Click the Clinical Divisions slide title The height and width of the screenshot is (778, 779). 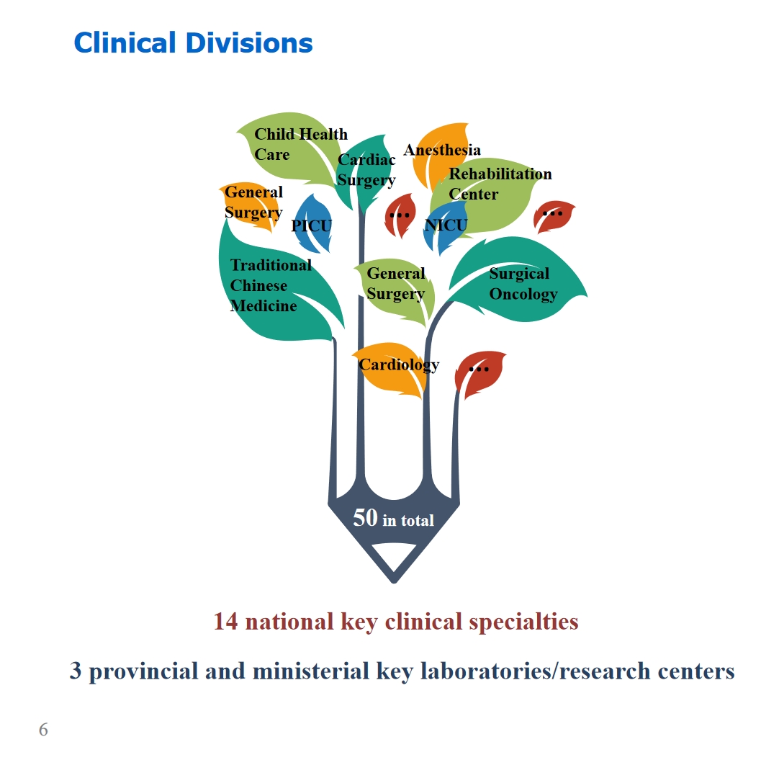pos(193,43)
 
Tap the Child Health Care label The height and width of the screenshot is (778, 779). pos(300,144)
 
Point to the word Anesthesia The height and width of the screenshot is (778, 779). pos(441,150)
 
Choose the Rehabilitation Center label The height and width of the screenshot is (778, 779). pos(500,184)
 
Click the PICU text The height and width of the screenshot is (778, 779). pos(311,225)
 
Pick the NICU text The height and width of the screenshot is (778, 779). pos(446,225)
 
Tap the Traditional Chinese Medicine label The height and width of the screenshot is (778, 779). pos(271,285)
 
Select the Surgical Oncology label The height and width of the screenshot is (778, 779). pos(523,284)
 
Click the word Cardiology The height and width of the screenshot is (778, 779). pos(399,365)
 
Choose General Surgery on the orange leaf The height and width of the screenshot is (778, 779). pos(253,202)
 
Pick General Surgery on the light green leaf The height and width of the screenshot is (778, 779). pos(395,284)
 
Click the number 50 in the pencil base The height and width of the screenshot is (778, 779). pos(365,518)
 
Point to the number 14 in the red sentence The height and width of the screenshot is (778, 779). pos(225,622)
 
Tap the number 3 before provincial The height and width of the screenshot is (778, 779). pos(76,671)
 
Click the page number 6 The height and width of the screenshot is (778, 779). pos(43,730)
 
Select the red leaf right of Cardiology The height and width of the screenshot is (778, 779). pos(479,373)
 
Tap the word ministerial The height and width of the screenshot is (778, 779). pos(311,671)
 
